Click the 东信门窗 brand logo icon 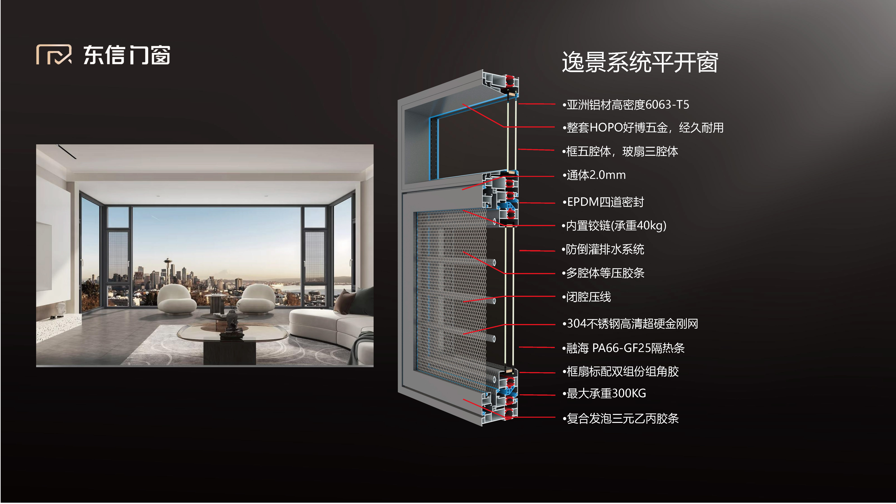pos(54,55)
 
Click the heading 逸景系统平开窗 pos(640,63)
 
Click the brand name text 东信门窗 pos(127,55)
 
